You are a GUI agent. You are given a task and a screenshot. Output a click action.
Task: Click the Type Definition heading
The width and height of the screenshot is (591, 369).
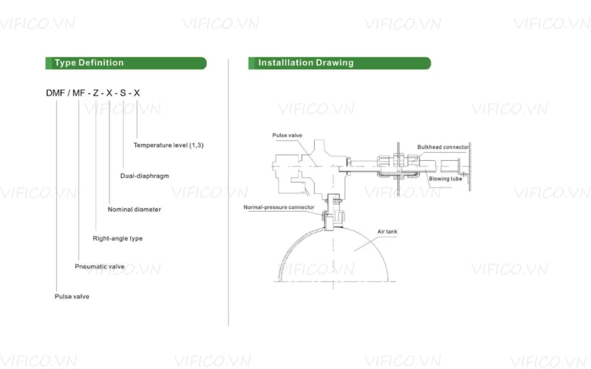(89, 63)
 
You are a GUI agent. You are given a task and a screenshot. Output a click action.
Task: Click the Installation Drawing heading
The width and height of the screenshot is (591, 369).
(306, 63)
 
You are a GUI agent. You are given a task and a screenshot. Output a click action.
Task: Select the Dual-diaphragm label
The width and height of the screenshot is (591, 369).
(145, 176)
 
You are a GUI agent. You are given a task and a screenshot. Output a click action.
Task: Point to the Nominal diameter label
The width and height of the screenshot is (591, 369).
(134, 210)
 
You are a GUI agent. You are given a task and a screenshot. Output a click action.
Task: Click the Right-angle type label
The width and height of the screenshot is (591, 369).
(117, 238)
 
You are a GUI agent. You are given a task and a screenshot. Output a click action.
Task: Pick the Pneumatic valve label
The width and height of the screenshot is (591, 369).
(100, 266)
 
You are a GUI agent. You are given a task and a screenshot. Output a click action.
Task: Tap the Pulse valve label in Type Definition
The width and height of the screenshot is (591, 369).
(72, 297)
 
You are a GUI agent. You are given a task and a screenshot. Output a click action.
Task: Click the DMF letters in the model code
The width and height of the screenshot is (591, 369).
(56, 92)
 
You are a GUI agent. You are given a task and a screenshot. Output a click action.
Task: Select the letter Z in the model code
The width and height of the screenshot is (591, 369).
(95, 92)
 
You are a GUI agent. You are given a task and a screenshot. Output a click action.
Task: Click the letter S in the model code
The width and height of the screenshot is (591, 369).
(123, 92)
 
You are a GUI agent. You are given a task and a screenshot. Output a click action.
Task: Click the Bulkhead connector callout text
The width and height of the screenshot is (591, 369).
(443, 147)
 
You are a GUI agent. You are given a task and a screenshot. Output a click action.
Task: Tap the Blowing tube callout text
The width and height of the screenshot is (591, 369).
(445, 179)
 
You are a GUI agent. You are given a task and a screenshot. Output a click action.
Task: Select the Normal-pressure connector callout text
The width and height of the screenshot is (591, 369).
(279, 207)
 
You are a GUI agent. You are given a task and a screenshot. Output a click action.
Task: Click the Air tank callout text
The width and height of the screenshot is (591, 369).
(387, 232)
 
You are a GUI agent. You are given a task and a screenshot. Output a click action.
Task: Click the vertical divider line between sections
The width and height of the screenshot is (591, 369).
(228, 192)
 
